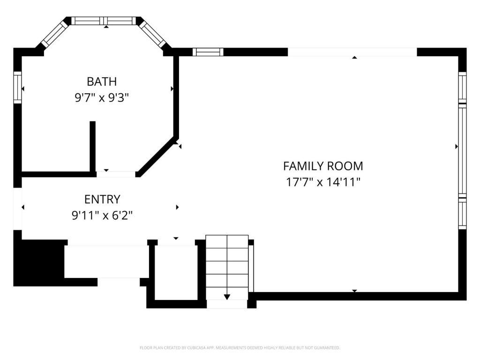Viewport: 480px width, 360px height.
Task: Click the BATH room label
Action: pyautogui.click(x=101, y=82)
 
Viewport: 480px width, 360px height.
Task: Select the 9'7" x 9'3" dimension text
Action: pyautogui.click(x=101, y=97)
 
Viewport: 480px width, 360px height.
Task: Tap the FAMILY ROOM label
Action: pyautogui.click(x=323, y=166)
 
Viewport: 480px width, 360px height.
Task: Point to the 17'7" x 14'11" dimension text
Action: pyautogui.click(x=323, y=182)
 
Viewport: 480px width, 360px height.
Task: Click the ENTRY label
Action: pyautogui.click(x=102, y=200)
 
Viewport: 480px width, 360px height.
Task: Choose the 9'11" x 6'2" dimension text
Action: pyautogui.click(x=102, y=216)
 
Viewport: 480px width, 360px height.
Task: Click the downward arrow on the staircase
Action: pyautogui.click(x=227, y=296)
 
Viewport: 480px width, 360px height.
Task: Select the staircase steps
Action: pyautogui.click(x=227, y=267)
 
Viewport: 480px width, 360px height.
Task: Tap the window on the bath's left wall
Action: pyautogui.click(x=18, y=88)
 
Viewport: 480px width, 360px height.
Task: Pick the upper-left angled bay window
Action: pyautogui.click(x=54, y=33)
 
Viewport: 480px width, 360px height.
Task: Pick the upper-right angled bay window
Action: pyautogui.click(x=153, y=33)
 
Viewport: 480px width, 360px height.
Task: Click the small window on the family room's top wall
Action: pyautogui.click(x=208, y=52)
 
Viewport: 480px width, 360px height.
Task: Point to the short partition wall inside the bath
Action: pyautogui.click(x=93, y=146)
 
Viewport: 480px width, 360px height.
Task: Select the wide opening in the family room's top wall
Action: pyautogui.click(x=352, y=52)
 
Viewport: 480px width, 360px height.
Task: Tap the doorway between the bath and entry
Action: pyautogui.click(x=116, y=174)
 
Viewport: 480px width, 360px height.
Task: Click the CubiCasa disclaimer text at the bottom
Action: pyautogui.click(x=240, y=348)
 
